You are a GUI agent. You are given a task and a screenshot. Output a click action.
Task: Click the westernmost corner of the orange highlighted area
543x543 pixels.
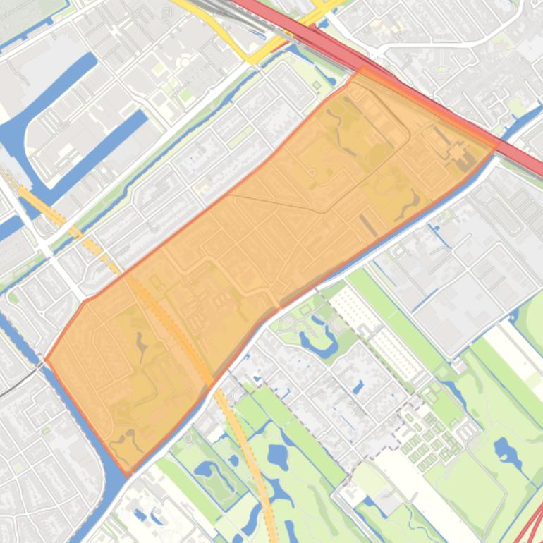pos(45,358)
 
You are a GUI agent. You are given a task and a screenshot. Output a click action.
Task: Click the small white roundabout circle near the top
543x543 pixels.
pos(185,62)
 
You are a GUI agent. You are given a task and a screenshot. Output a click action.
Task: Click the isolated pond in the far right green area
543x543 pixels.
pos(507,449)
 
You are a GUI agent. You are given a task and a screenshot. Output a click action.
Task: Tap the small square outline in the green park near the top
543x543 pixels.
pos(317,85)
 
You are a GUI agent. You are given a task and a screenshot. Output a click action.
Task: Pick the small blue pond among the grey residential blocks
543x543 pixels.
pos(359,387)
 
